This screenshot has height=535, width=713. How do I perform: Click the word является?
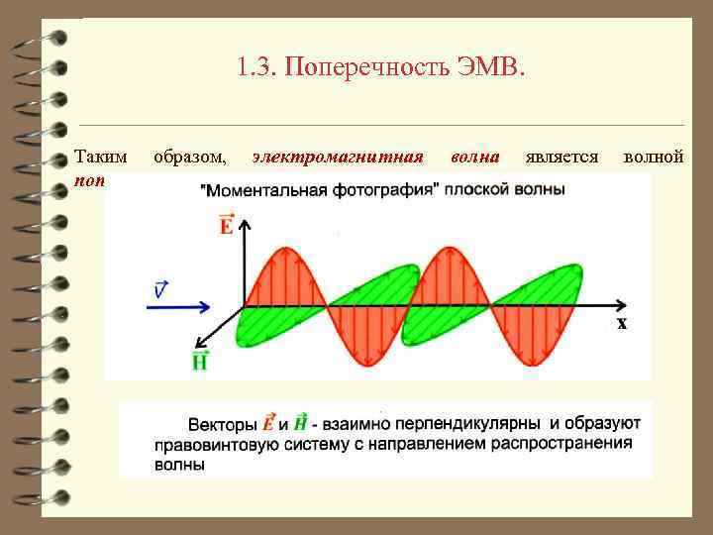click(561, 157)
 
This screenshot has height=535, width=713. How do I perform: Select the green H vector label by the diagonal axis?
click(200, 360)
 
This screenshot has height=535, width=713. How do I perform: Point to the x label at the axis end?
click(622, 323)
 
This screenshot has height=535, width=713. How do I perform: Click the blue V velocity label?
click(160, 289)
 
